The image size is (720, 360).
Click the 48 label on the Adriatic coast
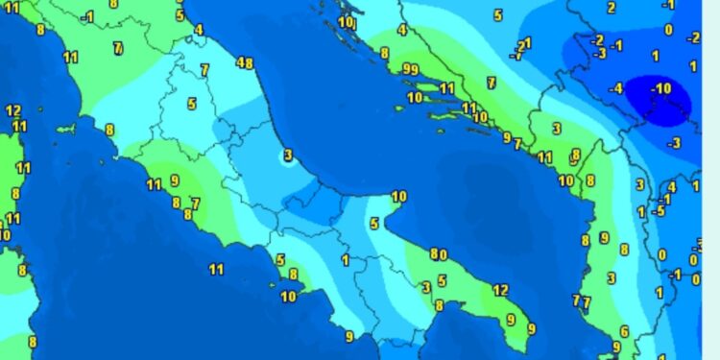point(245,64)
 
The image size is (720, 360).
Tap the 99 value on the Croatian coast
point(410,69)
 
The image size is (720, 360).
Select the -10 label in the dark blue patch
point(660,89)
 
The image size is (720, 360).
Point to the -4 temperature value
point(615,89)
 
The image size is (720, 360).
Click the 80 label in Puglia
point(439,254)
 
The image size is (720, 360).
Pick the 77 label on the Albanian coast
point(582,301)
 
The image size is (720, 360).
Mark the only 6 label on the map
point(624,331)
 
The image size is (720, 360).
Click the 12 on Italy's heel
point(500,290)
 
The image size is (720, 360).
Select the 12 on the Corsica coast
point(12,111)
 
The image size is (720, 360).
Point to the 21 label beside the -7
point(524,44)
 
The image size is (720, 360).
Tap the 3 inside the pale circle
point(287,155)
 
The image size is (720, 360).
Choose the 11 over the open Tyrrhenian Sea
point(216,270)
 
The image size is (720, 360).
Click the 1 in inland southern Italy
point(345,260)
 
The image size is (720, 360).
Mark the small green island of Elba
point(66,129)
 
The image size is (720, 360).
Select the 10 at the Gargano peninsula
point(398,197)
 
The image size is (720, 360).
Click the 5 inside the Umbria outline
point(192,104)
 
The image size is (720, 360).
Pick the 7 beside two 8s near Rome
point(195,204)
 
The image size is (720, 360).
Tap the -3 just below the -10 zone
point(674,144)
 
